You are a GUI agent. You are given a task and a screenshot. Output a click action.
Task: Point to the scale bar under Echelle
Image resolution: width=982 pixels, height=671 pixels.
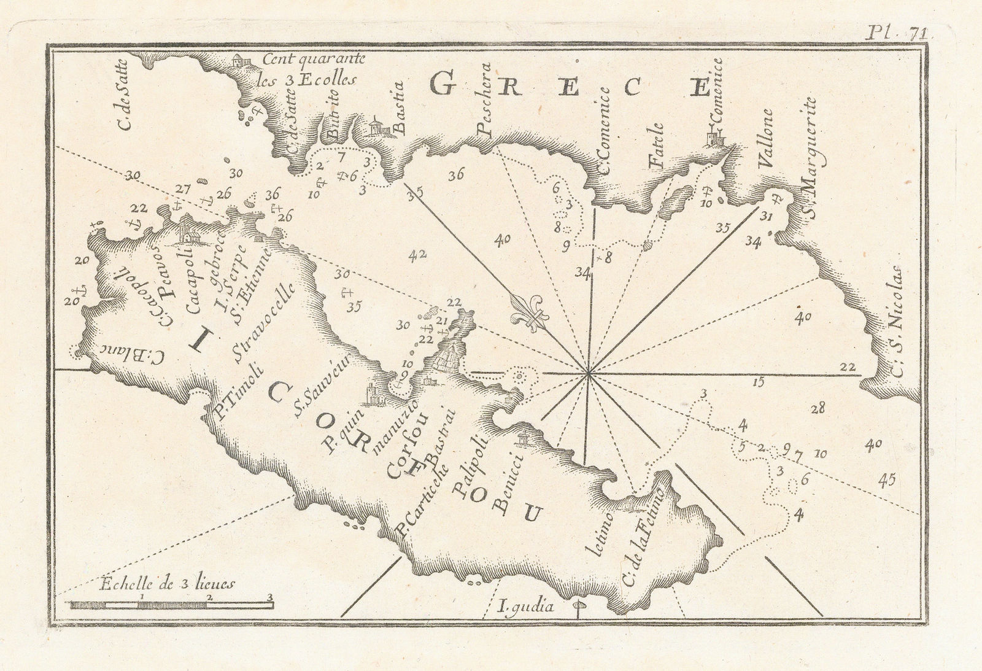(170, 605)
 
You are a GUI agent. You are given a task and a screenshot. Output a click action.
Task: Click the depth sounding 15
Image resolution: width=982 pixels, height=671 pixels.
(759, 382)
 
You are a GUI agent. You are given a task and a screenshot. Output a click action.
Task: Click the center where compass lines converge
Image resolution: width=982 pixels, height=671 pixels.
(589, 372)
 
